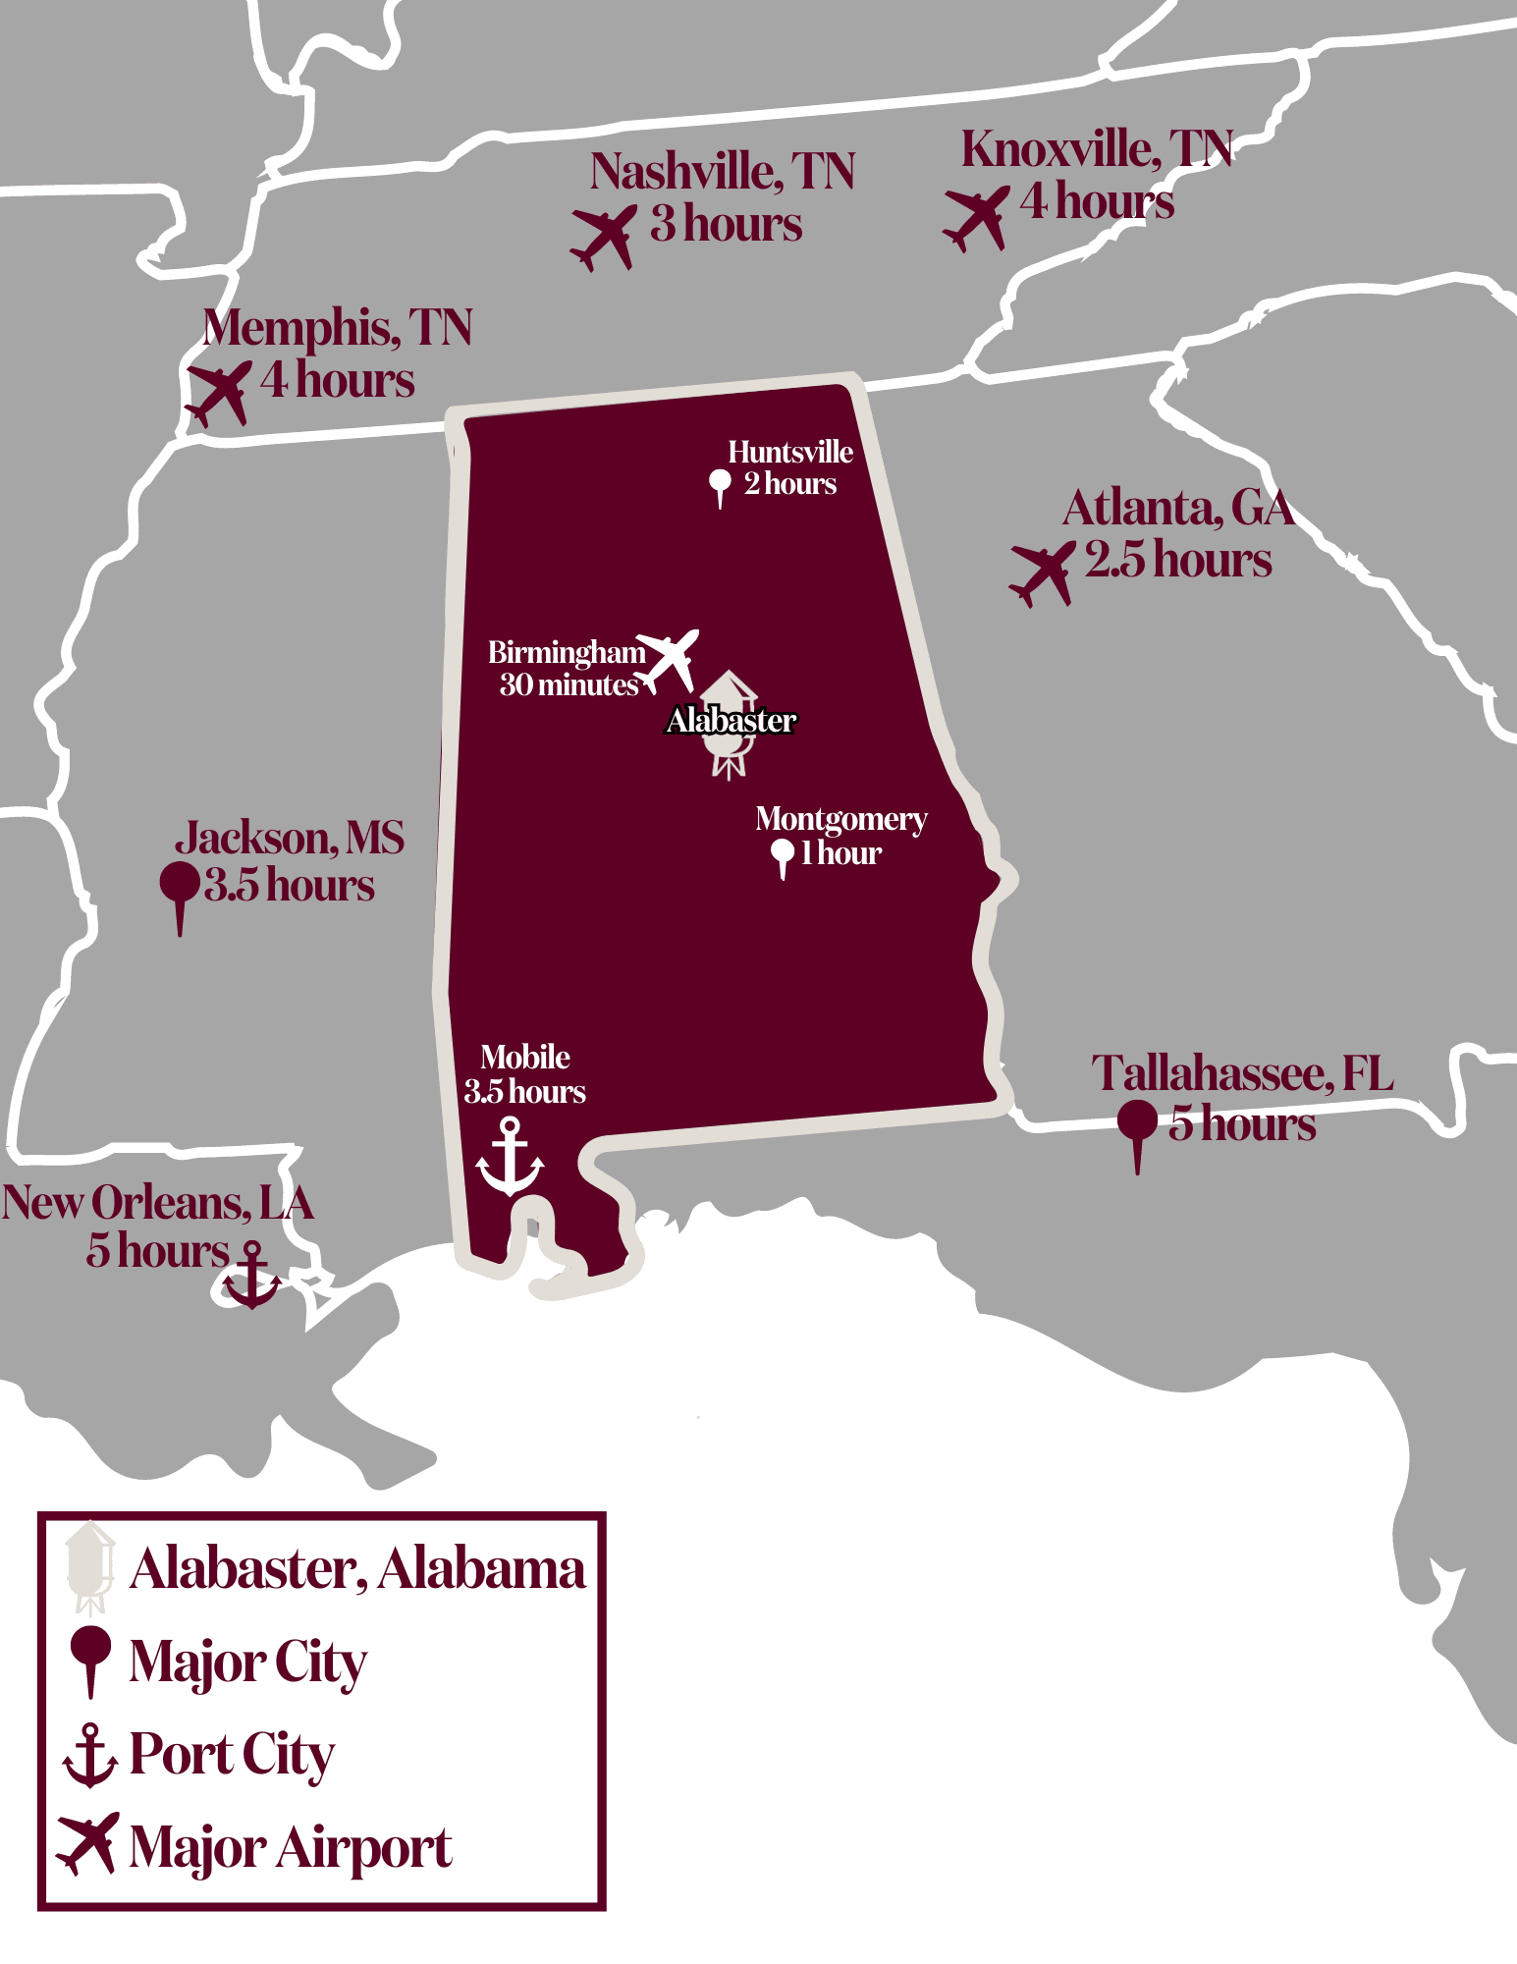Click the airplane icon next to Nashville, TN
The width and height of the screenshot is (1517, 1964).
(603, 238)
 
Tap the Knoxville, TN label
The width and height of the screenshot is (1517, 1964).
(1096, 149)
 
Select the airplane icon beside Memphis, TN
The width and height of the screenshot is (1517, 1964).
(218, 393)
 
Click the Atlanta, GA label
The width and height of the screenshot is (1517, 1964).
(1177, 509)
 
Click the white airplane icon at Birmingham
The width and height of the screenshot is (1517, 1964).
(669, 659)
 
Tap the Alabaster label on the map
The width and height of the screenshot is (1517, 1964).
(731, 721)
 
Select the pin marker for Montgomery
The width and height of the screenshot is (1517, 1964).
(783, 855)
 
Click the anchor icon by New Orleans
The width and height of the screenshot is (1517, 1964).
(252, 1275)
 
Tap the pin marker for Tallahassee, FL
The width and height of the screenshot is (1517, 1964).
(1137, 1129)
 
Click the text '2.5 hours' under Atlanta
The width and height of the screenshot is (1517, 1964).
(1177, 560)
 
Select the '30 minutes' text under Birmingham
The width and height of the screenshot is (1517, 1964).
(569, 684)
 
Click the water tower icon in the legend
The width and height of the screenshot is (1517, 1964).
(90, 1567)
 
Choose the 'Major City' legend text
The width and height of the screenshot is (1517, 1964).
(247, 1662)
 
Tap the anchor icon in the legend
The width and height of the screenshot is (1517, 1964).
(89, 1755)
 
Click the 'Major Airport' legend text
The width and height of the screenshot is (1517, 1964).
(291, 1848)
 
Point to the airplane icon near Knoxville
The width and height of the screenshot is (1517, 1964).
(976, 218)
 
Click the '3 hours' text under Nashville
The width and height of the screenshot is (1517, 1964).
(726, 224)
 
